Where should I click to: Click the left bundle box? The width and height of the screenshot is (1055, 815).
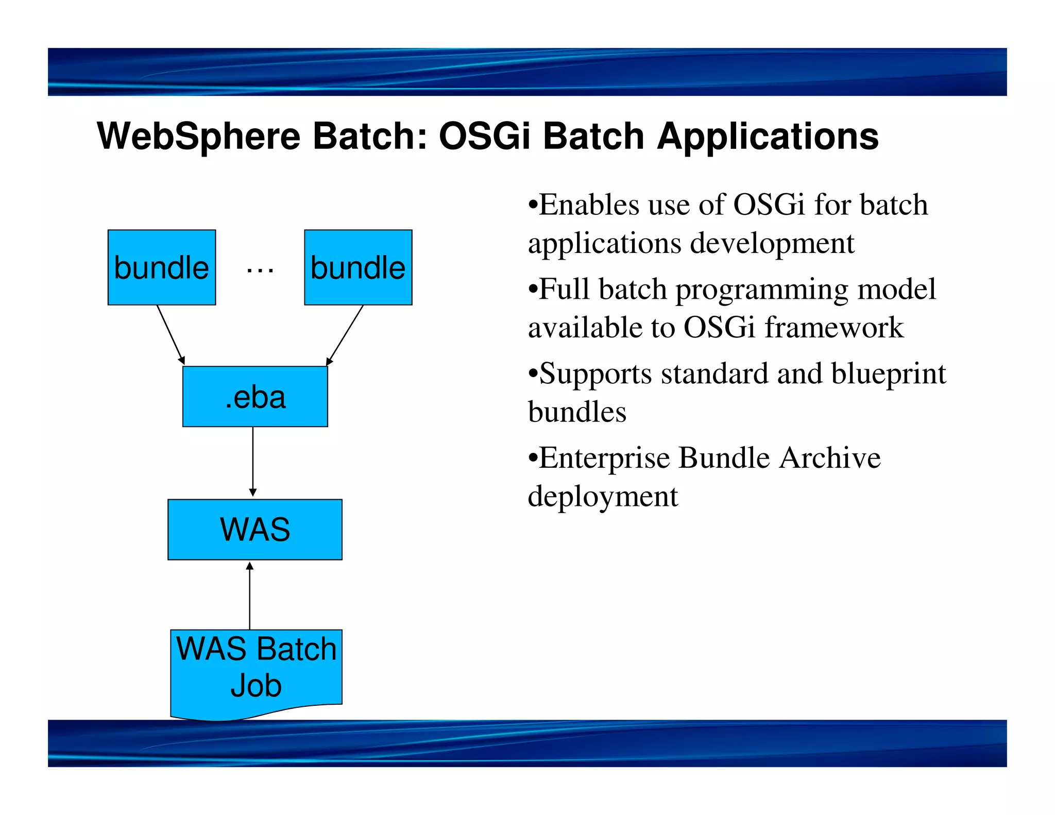click(161, 267)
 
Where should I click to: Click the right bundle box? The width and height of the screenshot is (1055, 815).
click(358, 267)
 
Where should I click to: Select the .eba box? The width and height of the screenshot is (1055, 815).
click(255, 397)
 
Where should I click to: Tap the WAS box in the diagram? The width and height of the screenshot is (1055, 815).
click(255, 529)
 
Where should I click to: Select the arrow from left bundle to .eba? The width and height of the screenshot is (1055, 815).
click(171, 334)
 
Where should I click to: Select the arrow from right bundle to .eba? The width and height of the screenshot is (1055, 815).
click(345, 335)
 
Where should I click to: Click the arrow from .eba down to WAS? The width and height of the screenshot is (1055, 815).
click(253, 461)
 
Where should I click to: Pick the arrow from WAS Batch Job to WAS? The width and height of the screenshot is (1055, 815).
click(250, 595)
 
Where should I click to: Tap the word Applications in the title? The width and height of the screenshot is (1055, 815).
click(768, 137)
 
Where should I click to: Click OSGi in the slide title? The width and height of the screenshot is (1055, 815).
click(484, 137)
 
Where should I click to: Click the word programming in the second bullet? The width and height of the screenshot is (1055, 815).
click(762, 290)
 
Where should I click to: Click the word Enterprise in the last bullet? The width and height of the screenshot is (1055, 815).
click(604, 458)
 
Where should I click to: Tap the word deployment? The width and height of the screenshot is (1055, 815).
click(603, 497)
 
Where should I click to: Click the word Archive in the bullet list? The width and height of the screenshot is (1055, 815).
click(829, 458)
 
